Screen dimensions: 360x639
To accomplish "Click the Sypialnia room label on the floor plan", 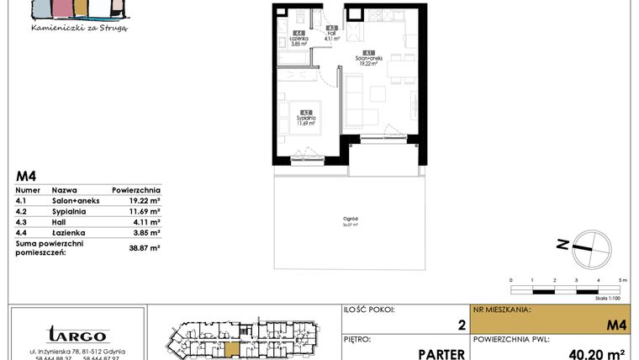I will point(306,118).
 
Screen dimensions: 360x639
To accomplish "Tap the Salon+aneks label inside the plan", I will point(371,58).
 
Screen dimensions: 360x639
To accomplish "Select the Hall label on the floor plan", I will point(332,34).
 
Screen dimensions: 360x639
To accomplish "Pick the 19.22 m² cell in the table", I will point(144,202).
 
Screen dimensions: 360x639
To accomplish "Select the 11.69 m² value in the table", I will point(144,212).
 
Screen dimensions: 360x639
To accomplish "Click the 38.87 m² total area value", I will point(144,248).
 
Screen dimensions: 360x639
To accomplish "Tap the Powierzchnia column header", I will point(135,191).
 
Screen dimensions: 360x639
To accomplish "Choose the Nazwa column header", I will point(65,191).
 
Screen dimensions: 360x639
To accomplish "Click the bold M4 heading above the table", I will point(26,177).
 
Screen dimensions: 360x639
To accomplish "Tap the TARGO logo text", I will point(77,333).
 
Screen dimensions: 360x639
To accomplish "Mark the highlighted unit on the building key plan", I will point(233,348).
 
